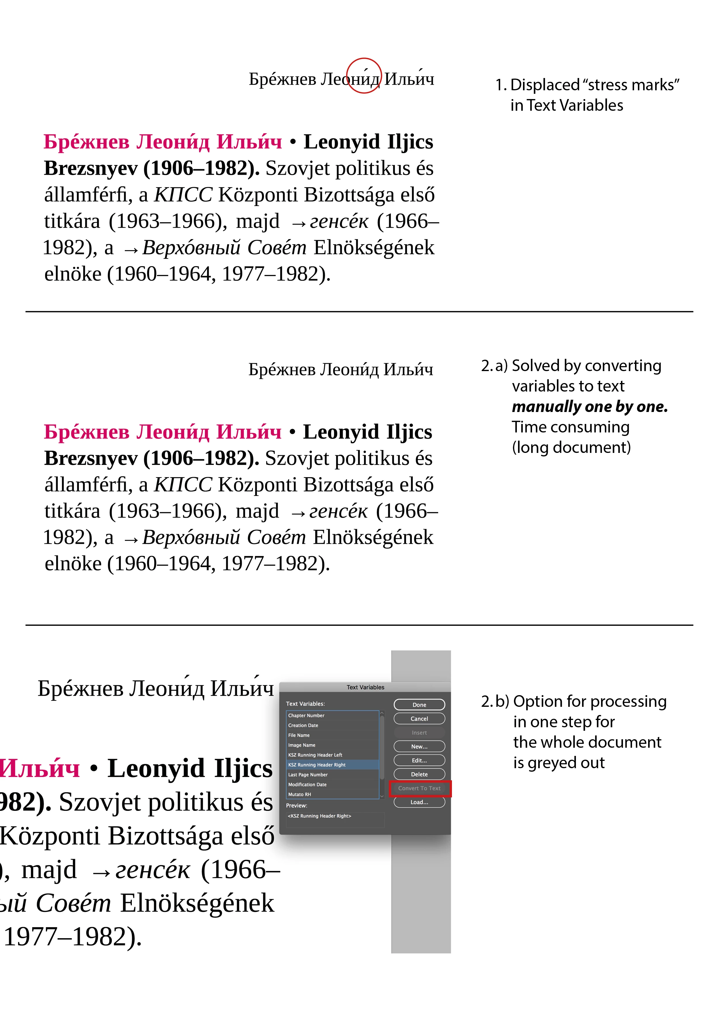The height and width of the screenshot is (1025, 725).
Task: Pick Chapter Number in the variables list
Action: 306,716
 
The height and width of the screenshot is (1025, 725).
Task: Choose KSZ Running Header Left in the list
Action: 315,755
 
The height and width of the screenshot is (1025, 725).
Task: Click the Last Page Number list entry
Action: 308,775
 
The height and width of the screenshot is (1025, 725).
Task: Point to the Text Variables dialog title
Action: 365,688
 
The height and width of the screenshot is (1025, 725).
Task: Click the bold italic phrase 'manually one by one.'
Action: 590,407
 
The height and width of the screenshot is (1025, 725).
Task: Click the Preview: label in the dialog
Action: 297,806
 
